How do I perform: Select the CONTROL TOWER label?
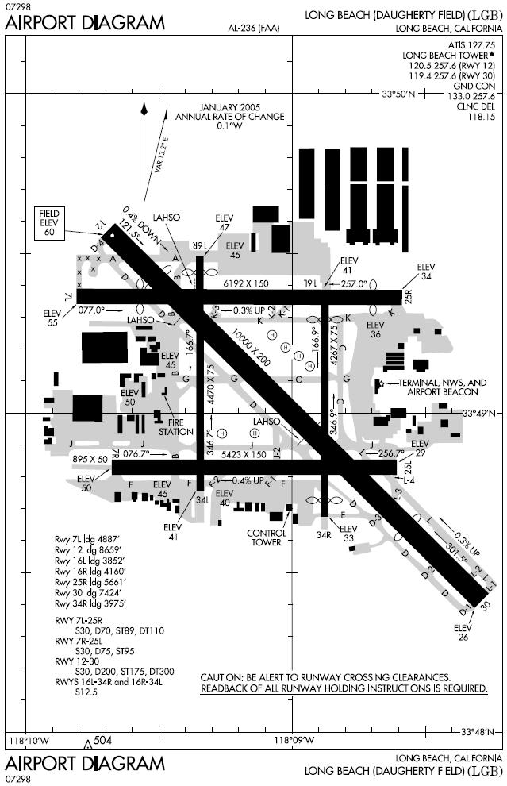(266, 537)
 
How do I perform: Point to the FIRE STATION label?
(175, 426)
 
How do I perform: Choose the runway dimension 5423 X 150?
(244, 454)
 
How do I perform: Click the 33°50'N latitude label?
(399, 94)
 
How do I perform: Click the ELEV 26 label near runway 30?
(463, 632)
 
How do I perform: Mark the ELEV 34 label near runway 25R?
(427, 271)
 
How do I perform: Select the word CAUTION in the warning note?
(223, 676)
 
